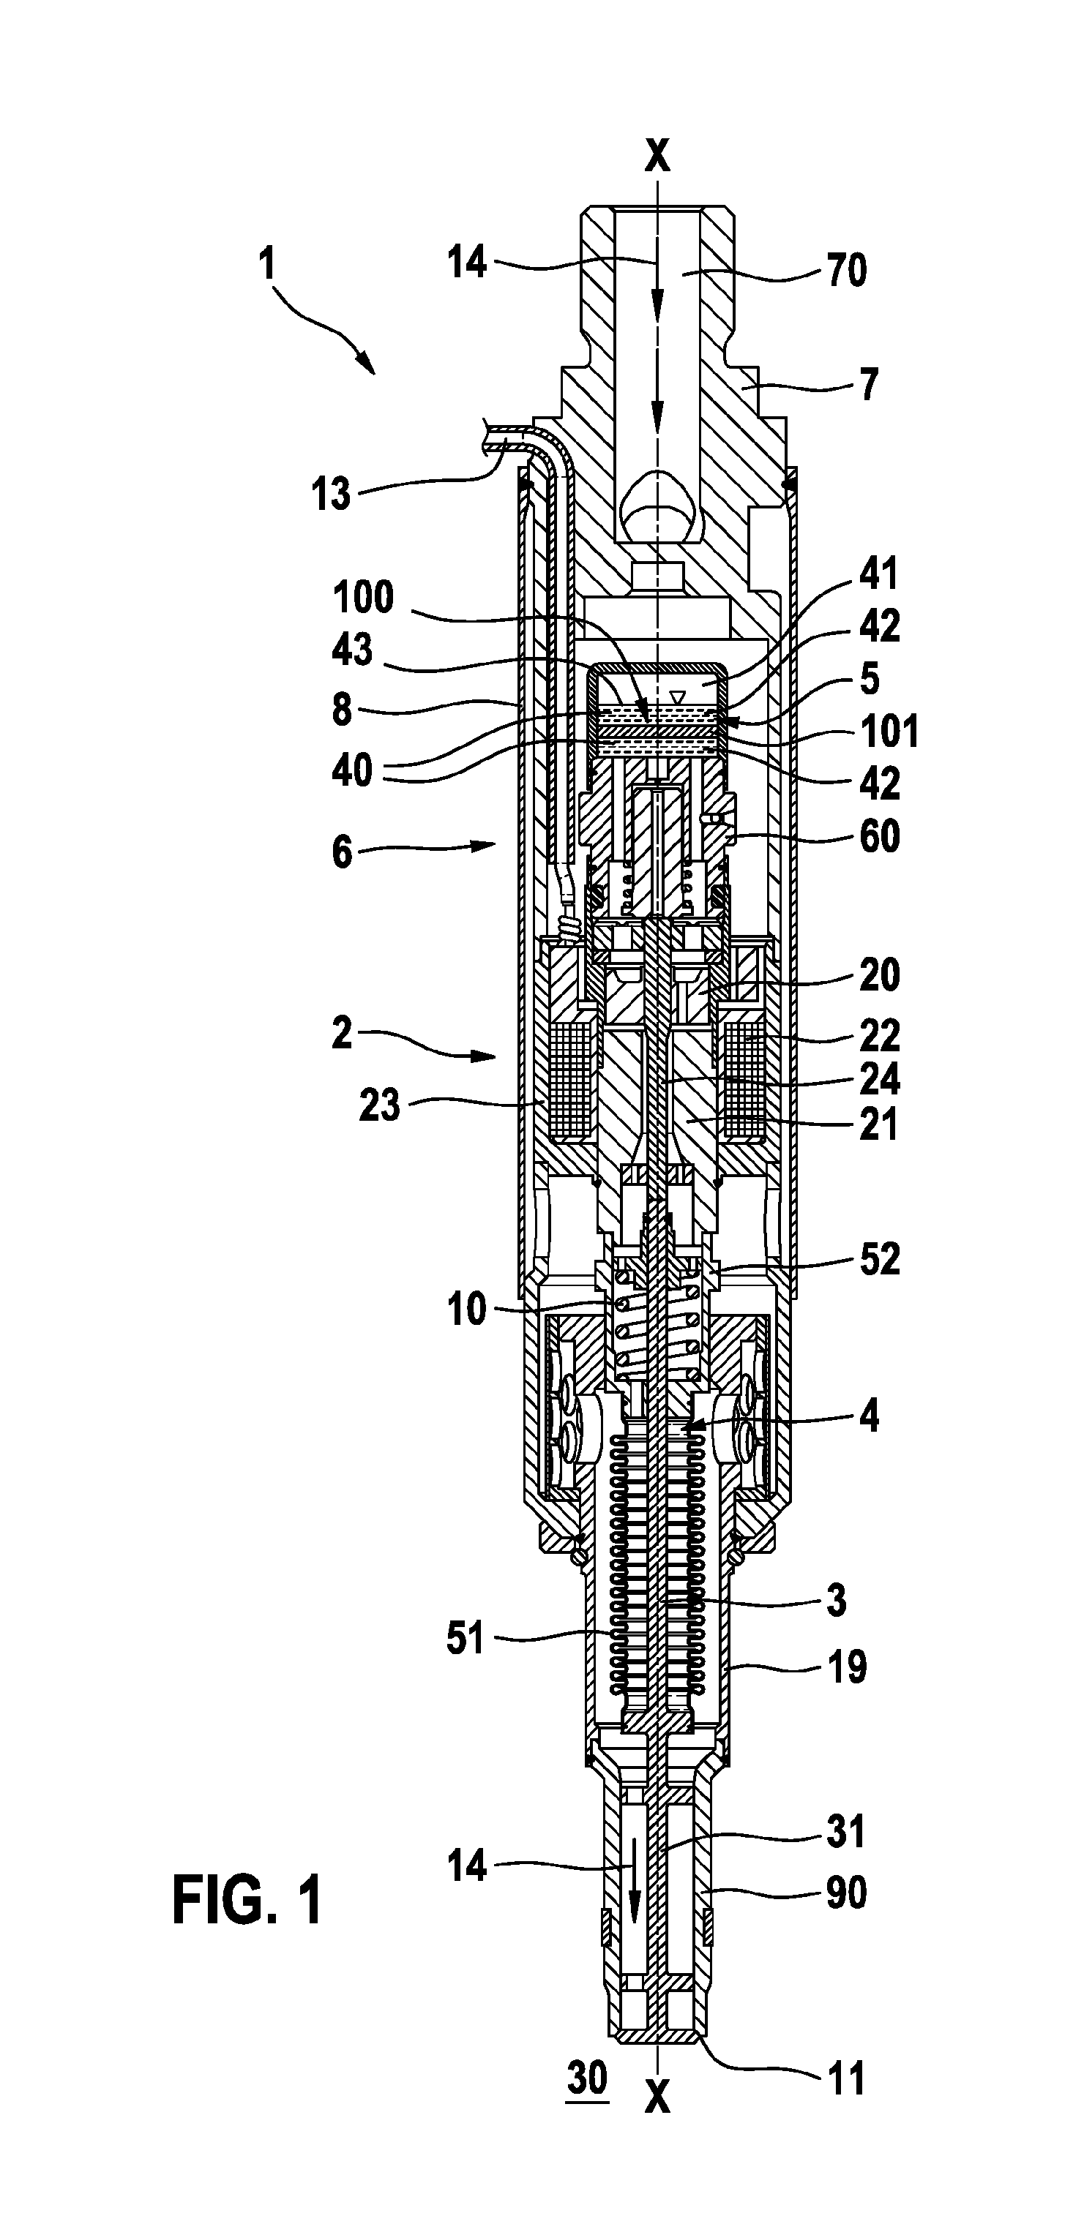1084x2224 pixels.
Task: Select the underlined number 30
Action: [x=587, y=2076]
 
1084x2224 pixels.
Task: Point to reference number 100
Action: [x=364, y=598]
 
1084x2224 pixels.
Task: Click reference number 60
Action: [x=879, y=837]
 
